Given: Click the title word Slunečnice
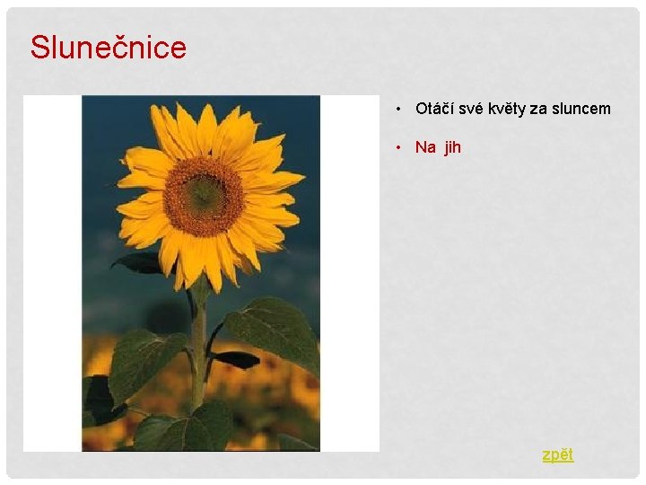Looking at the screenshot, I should tap(108, 47).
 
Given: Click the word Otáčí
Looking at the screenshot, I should tap(434, 109).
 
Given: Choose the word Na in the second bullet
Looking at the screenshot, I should tap(425, 147).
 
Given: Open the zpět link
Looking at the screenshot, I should tap(557, 454).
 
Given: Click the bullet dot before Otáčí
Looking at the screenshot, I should tap(397, 110).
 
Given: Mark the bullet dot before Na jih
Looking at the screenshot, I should tap(397, 147).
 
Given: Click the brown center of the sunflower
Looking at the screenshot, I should tap(204, 195).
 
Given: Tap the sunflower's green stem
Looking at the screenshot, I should tap(198, 350).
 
